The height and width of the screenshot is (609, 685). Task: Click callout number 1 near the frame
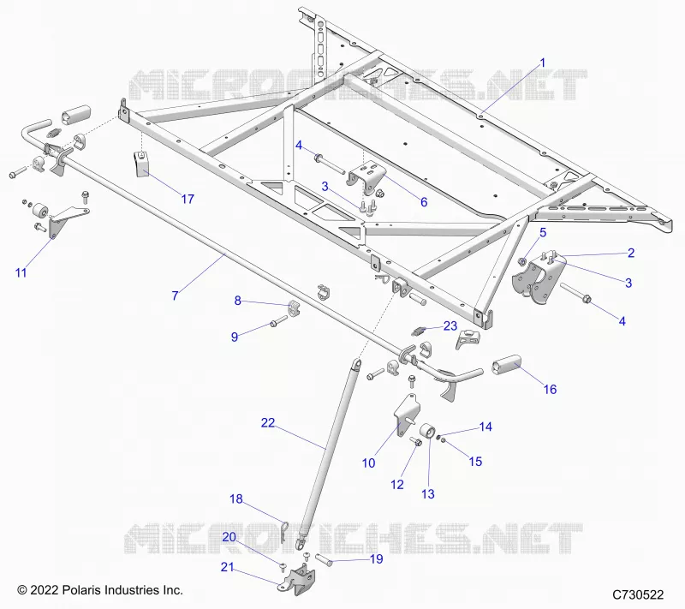(543, 63)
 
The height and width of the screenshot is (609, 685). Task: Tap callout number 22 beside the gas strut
(268, 422)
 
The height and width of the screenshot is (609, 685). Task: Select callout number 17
(188, 200)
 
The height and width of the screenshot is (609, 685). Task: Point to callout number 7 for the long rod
(176, 296)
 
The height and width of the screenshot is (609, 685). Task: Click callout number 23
(450, 325)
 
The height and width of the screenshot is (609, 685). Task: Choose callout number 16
(550, 389)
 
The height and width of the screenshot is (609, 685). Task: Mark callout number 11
(21, 273)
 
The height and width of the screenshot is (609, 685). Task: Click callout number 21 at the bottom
(227, 567)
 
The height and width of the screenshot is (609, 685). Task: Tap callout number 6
(424, 202)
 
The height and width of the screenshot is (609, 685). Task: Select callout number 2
(631, 253)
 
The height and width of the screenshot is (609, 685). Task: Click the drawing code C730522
(638, 594)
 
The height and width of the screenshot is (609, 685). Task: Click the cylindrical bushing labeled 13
(426, 431)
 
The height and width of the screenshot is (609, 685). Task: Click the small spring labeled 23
(419, 332)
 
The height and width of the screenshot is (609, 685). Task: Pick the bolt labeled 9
(279, 321)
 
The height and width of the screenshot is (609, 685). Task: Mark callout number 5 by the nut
(543, 232)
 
